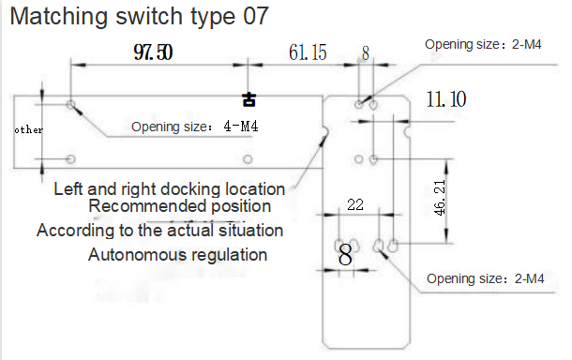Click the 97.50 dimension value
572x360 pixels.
(x=153, y=52)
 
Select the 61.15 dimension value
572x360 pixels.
(x=308, y=52)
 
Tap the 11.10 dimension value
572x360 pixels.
(x=446, y=98)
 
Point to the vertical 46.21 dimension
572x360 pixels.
(x=440, y=197)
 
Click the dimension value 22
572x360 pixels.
(x=355, y=204)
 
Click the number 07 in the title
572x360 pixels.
(x=256, y=17)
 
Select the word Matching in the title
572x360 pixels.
(x=59, y=17)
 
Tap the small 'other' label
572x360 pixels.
(x=28, y=129)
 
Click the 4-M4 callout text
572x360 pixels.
(x=241, y=127)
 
